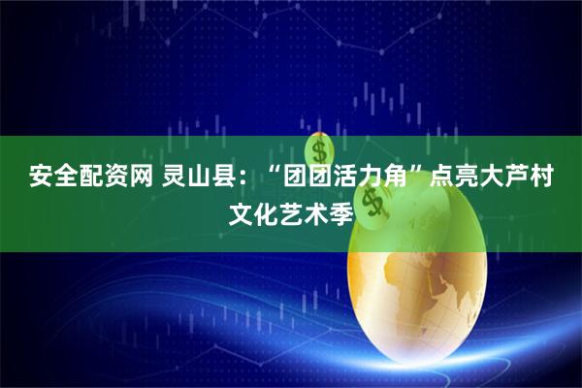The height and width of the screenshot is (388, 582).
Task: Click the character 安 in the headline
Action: tap(41, 177)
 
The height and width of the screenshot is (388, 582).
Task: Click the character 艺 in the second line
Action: tap(294, 211)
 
